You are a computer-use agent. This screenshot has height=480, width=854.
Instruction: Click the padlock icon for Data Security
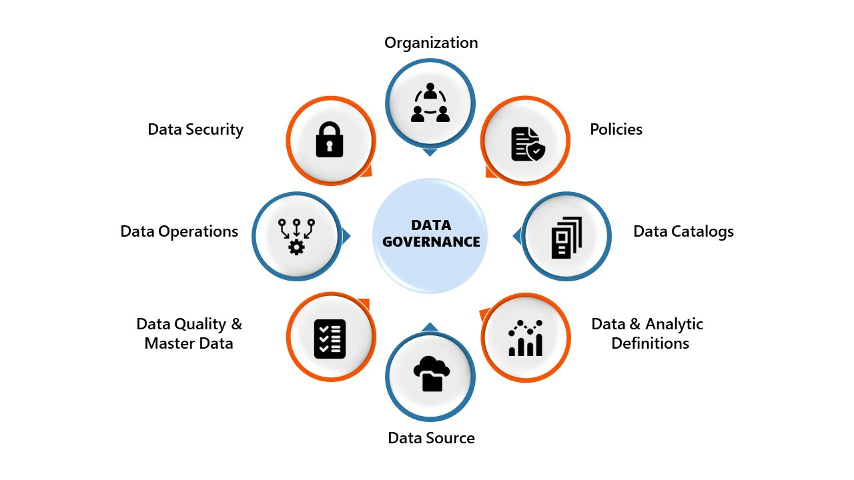[330, 139]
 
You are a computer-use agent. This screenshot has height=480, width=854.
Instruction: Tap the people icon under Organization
[430, 103]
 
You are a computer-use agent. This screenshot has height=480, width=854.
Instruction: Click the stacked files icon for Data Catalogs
[566, 237]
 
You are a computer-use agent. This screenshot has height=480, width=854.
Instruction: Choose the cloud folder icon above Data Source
[431, 373]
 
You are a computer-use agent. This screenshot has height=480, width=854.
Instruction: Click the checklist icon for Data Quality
[330, 339]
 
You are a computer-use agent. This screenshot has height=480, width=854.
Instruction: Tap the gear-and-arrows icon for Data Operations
[296, 236]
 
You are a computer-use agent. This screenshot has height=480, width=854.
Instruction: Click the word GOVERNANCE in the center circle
[431, 242]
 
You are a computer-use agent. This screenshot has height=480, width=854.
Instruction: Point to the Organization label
[431, 43]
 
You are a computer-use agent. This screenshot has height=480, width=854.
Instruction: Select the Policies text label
[616, 129]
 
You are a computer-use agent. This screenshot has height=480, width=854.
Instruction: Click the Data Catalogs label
[683, 231]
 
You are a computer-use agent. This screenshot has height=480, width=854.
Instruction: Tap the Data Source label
[431, 438]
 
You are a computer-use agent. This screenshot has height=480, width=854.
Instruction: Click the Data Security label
[195, 129]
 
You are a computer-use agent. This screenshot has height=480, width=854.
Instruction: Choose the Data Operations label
[179, 231]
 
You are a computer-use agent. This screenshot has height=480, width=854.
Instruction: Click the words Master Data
[189, 343]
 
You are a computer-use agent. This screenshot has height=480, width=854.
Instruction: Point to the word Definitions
[650, 343]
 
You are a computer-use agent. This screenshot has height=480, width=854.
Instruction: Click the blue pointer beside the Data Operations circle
[346, 235]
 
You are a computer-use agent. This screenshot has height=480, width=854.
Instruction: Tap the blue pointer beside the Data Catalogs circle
[517, 235]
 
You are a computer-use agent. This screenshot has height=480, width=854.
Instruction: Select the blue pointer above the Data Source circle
[430, 327]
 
